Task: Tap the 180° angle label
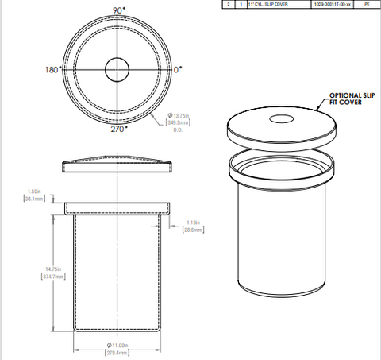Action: point(53,70)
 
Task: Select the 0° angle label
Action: point(179,70)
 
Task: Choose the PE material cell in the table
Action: point(366,4)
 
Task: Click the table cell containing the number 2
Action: point(229,4)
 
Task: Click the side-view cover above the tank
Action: point(117,165)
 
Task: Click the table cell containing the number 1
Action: point(241,4)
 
